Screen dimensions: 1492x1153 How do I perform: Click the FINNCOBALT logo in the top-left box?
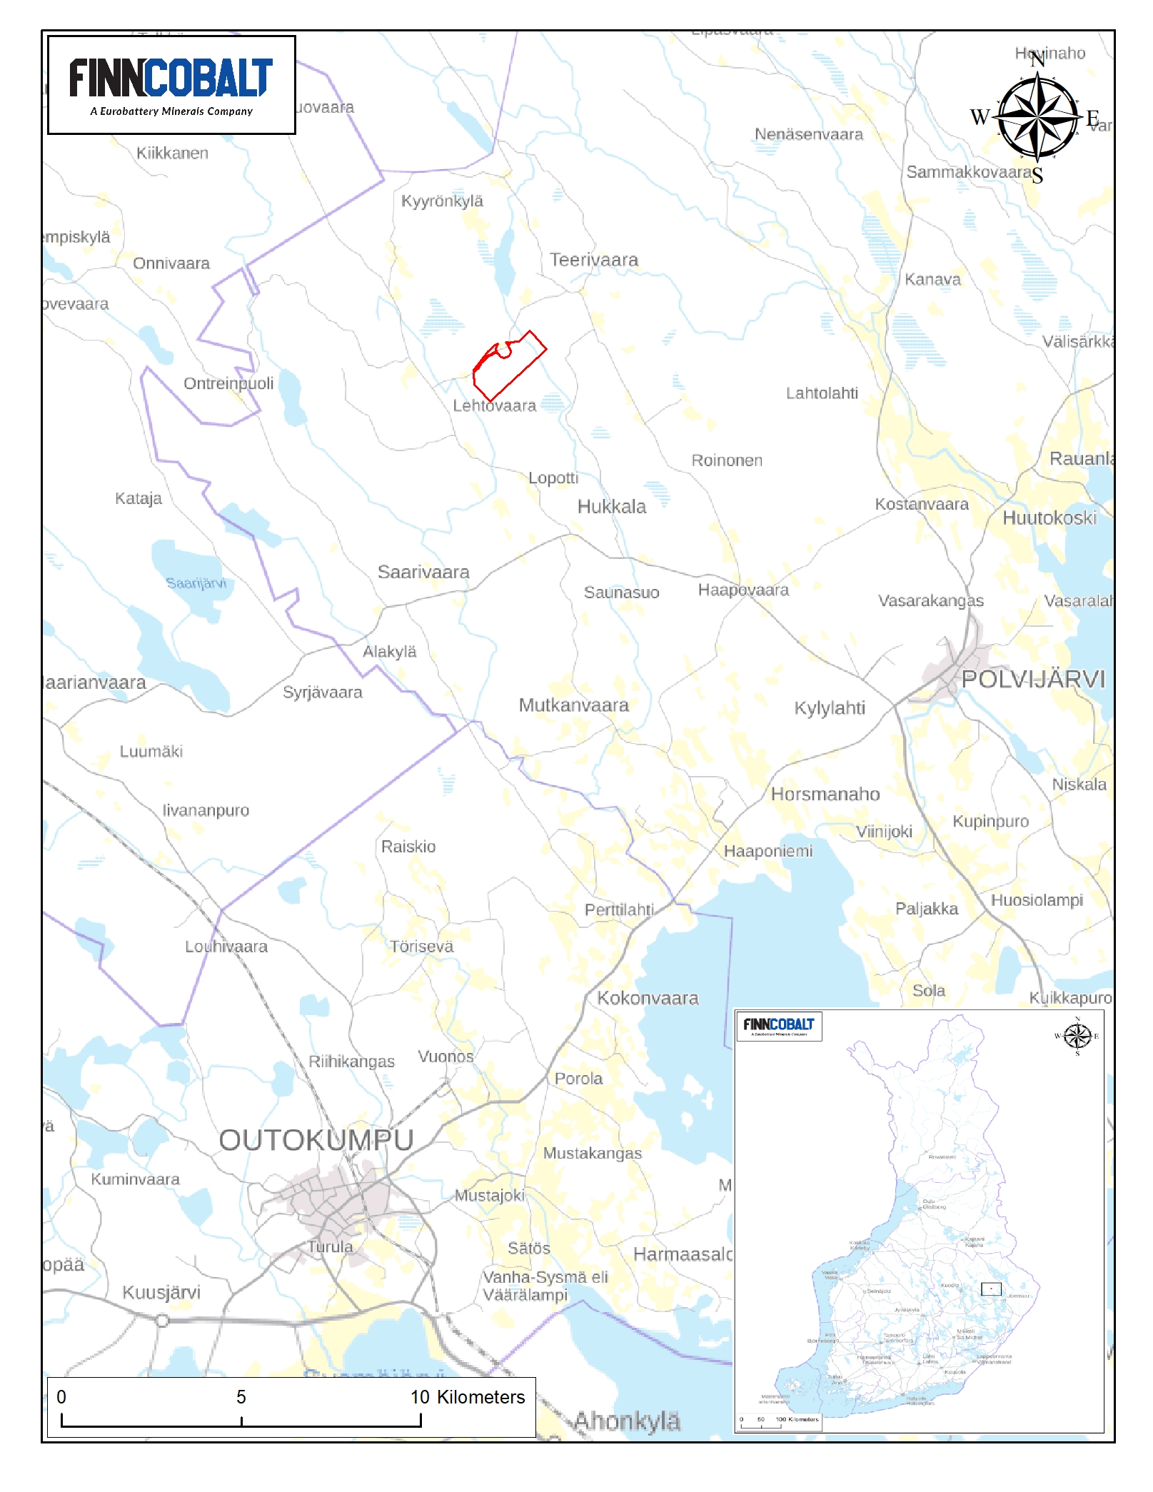[x=171, y=79]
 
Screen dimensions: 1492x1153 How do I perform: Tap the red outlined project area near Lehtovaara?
[x=510, y=366]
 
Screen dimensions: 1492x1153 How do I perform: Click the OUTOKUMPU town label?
[x=316, y=1140]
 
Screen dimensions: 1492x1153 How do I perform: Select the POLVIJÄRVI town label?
[x=1032, y=679]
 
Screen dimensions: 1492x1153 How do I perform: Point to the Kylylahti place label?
[x=830, y=707]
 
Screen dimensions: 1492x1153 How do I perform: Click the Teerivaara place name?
[x=593, y=260]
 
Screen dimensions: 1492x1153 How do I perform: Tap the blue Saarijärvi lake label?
[x=196, y=583]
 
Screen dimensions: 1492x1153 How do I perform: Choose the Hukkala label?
[x=612, y=507]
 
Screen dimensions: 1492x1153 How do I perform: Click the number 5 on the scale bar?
[x=241, y=1397]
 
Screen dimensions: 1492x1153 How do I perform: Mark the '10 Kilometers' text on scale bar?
[x=468, y=1397]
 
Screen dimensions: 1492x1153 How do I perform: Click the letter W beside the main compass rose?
[x=980, y=117]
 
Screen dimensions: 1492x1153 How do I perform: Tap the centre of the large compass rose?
[x=1038, y=116]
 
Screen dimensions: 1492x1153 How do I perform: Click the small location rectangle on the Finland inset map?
[x=991, y=1289]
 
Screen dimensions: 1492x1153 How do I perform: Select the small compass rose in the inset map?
[x=1077, y=1035]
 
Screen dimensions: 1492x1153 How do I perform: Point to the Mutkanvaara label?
[x=573, y=705]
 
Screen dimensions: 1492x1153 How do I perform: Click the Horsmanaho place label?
[x=825, y=794]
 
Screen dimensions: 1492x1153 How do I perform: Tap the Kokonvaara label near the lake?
[x=648, y=998]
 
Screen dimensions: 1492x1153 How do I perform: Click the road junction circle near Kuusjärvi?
[x=162, y=1321]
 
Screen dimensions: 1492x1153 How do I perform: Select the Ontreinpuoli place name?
[x=228, y=383]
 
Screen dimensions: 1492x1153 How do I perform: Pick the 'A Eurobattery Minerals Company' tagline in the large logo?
[x=171, y=111]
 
